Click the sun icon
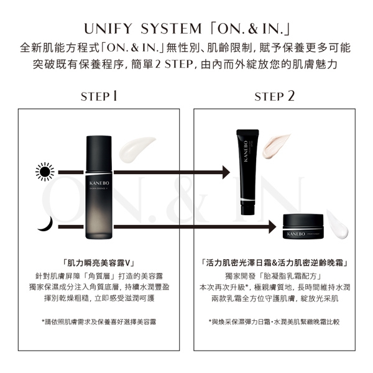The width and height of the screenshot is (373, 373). pos(45,172)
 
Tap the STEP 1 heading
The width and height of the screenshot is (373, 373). pos(99,96)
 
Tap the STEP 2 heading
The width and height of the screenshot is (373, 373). pos(274,96)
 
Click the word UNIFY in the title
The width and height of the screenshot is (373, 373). pos(108,29)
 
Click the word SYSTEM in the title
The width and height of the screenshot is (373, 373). pos(171,29)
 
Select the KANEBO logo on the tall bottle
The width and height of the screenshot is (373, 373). pos(99,183)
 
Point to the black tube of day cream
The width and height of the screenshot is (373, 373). pos(247,172)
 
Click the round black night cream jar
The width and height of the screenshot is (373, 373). pos(303,226)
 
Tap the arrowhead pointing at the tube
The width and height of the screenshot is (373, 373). pos(226,172)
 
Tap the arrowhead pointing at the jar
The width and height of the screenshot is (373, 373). pos(272,227)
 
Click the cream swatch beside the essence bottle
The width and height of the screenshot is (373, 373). pos(137,149)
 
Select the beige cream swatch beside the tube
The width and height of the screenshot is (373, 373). pos(275,146)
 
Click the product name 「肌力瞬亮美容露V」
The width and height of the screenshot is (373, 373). pos(99,263)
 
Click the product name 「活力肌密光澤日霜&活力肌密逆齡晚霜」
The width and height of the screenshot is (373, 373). pos(275,263)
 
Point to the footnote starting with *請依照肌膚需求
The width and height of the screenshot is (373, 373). pos(99,322)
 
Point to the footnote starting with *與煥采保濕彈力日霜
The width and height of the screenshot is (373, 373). pos(274,322)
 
